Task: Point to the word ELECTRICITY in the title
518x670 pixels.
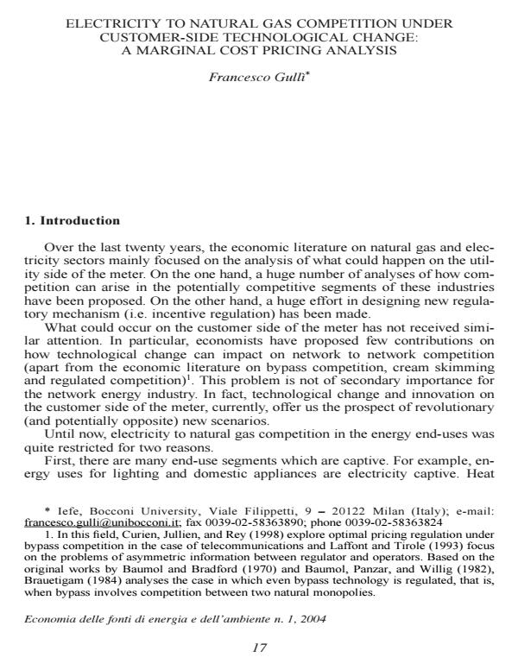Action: coord(106,22)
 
